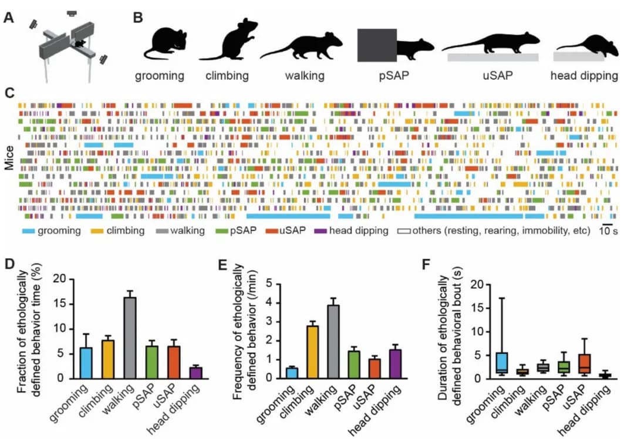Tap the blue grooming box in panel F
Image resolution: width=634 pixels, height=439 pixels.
(501, 363)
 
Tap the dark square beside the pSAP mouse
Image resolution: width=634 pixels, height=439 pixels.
(377, 45)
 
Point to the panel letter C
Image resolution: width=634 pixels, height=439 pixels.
(9, 93)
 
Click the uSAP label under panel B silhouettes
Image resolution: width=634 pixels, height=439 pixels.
(490, 76)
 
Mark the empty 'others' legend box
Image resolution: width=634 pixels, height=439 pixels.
(404, 231)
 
